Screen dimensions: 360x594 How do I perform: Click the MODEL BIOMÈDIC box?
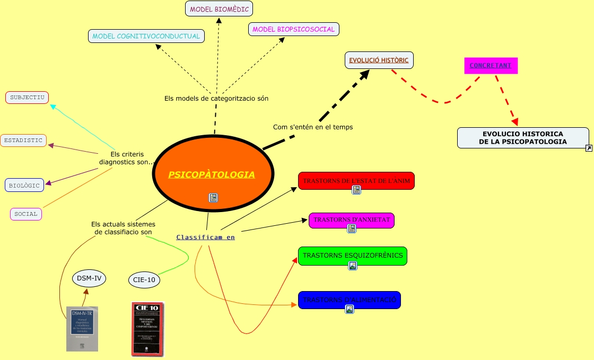pos(219,8)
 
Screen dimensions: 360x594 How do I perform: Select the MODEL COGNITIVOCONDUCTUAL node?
pos(146,36)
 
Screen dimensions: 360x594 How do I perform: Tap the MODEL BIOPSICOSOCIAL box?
pos(294,29)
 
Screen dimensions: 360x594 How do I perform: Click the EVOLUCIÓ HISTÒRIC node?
pos(379,60)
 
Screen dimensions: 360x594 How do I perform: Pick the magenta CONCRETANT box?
pos(491,66)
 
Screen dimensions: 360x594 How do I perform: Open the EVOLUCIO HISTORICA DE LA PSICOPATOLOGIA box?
pos(522,138)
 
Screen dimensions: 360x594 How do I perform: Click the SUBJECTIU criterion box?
pos(27,98)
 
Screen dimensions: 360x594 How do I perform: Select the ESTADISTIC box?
pos(23,141)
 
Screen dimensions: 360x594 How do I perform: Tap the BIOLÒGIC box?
pos(24,185)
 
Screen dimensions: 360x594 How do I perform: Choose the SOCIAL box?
pos(26,214)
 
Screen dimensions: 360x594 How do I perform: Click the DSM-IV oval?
pos(89,277)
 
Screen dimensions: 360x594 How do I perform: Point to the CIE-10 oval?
pos(144,279)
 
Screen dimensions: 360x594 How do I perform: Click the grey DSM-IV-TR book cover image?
pos(82,329)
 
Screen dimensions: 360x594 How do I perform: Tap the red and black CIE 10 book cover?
pos(147,329)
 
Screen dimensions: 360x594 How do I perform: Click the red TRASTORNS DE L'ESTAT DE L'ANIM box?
pos(356,180)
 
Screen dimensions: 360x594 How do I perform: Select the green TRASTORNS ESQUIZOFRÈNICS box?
pos(352,255)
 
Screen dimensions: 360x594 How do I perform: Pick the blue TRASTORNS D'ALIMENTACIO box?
pos(349,300)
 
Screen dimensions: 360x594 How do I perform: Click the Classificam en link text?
pos(205,237)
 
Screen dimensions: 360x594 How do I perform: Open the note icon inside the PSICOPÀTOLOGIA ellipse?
pos(213,198)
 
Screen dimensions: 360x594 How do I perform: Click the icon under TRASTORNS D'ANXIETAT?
pos(351,229)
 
